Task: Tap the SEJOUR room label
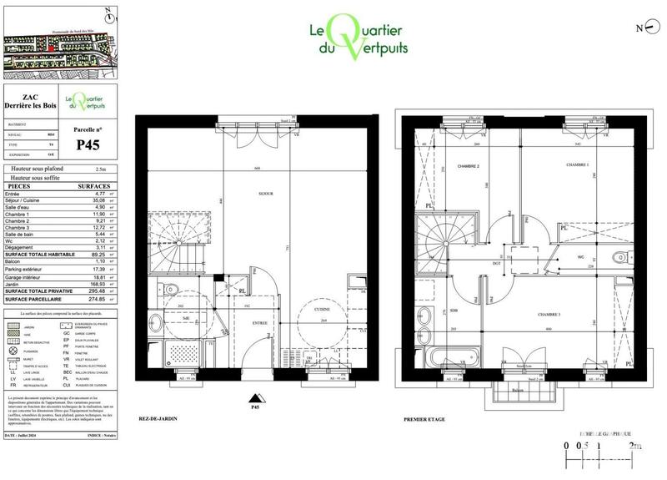[266, 194]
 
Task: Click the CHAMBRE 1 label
[578, 166]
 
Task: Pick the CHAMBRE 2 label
[468, 167]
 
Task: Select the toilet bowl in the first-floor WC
[617, 257]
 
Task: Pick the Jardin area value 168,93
[99, 284]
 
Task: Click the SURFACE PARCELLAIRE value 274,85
[98, 298]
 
